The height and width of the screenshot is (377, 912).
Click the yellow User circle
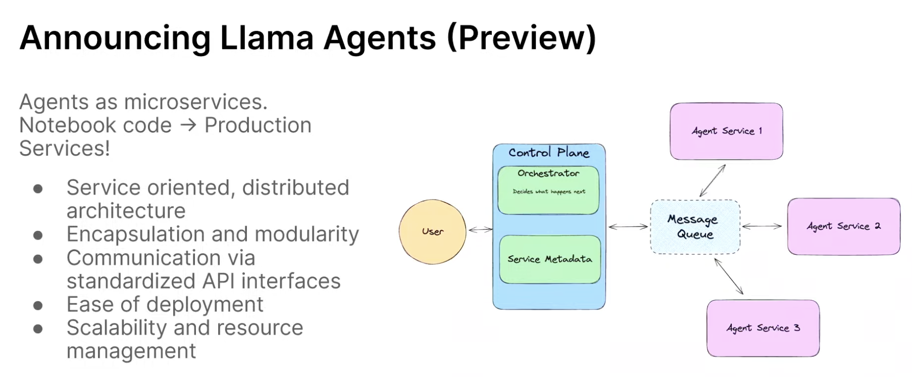coord(432,231)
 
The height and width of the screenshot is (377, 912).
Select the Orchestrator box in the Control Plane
coord(548,190)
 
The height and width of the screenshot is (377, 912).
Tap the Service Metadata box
coord(549,259)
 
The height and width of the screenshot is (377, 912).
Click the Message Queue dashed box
coord(695,226)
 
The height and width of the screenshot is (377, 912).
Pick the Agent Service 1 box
coord(726,131)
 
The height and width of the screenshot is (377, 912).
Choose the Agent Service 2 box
coord(843,226)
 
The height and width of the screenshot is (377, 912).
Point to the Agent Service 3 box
coord(763,328)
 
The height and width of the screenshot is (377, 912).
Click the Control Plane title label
coord(549,153)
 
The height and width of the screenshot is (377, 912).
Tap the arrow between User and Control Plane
coord(480,230)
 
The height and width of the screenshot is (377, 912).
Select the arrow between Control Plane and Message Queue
coord(628,227)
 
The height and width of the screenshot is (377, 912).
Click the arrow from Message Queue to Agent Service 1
coord(713,180)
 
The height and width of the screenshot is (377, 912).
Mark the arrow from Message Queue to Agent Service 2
coord(762,226)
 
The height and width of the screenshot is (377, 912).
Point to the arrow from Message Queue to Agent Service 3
coord(729,276)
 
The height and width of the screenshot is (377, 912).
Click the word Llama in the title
coord(267,38)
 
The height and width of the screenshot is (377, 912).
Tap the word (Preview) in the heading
coord(522,38)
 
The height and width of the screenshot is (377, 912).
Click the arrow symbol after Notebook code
coord(188,125)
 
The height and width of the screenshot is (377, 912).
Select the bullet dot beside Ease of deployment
coord(38,305)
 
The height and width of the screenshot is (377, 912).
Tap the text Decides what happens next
coord(549,192)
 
